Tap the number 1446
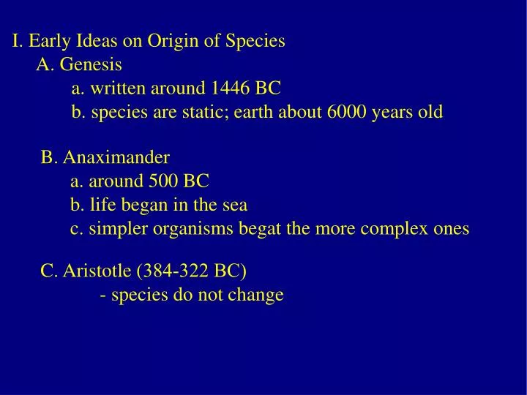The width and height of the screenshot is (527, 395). (x=231, y=89)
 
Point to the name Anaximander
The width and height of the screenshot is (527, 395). (x=116, y=157)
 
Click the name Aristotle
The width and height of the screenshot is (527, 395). (x=97, y=271)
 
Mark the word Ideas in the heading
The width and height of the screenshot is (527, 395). (x=98, y=41)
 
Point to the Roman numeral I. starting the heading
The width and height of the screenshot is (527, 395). (x=17, y=41)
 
